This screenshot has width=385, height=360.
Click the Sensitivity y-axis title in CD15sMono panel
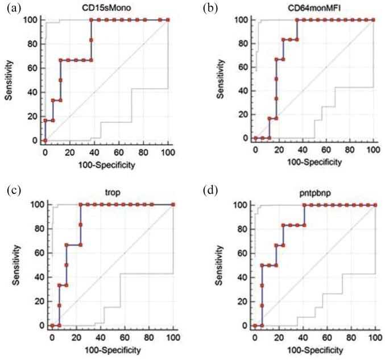click(x=10, y=78)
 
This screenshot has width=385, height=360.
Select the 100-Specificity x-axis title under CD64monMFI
click(x=314, y=162)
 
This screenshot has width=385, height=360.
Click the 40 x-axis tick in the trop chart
click(x=100, y=336)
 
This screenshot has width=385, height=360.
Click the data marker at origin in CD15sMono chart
click(x=45, y=140)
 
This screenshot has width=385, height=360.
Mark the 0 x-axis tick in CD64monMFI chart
click(x=255, y=149)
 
